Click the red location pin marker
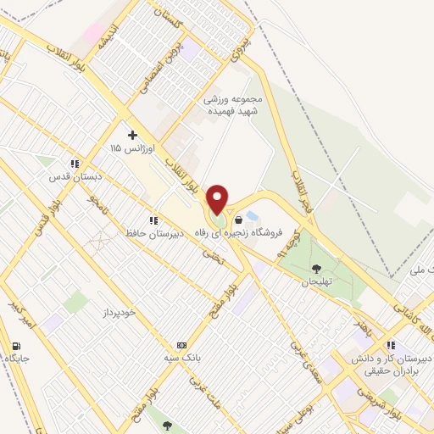[218, 199]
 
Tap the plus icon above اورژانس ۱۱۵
[132, 134]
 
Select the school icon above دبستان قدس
[75, 163]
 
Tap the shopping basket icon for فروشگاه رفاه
[238, 220]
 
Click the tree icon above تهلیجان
[316, 269]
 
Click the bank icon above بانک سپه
[181, 345]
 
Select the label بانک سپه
[181, 359]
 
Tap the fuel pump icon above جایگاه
[16, 345]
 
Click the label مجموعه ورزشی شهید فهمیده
[233, 104]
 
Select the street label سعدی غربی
[300, 357]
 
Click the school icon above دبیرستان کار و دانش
[391, 345]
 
